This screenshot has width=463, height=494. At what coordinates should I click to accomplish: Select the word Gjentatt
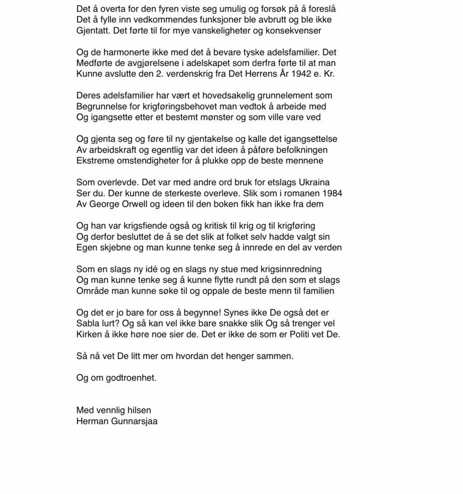click(93, 31)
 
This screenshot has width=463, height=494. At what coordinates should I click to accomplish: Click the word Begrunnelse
click(101, 107)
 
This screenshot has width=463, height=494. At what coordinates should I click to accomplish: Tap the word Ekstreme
click(95, 161)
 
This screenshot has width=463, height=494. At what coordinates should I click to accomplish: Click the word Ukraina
click(314, 183)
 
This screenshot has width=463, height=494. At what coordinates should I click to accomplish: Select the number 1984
click(332, 193)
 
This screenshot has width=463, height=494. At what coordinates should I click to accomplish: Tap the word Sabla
click(88, 324)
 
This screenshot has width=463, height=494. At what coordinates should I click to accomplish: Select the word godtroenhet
click(131, 378)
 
